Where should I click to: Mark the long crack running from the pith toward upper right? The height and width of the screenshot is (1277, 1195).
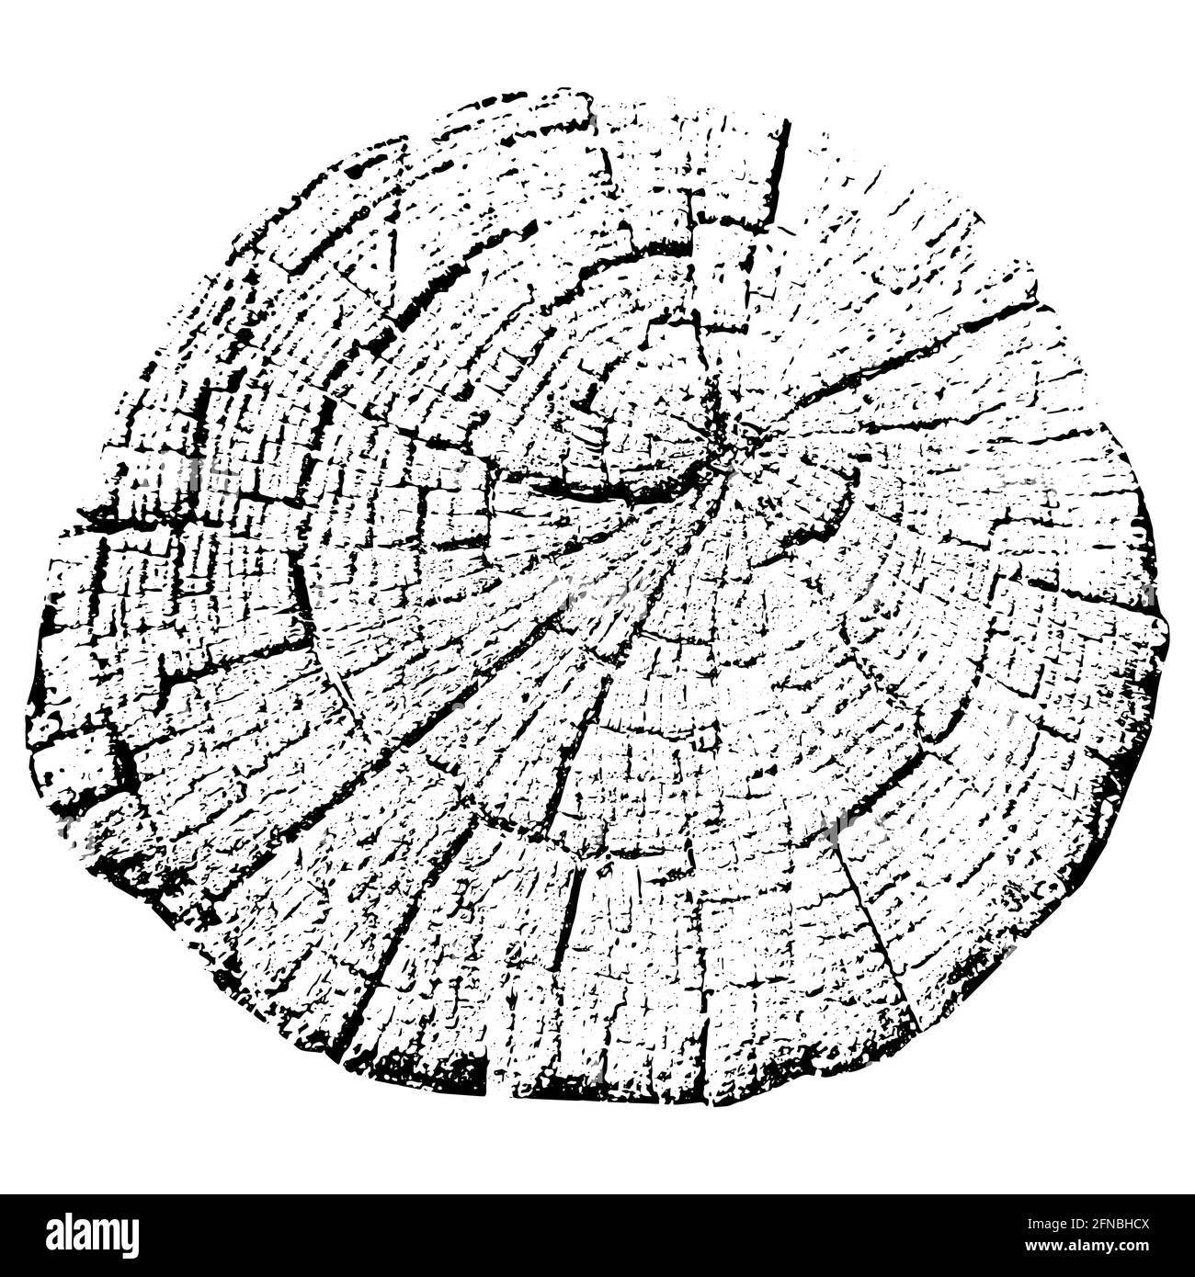(882, 367)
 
